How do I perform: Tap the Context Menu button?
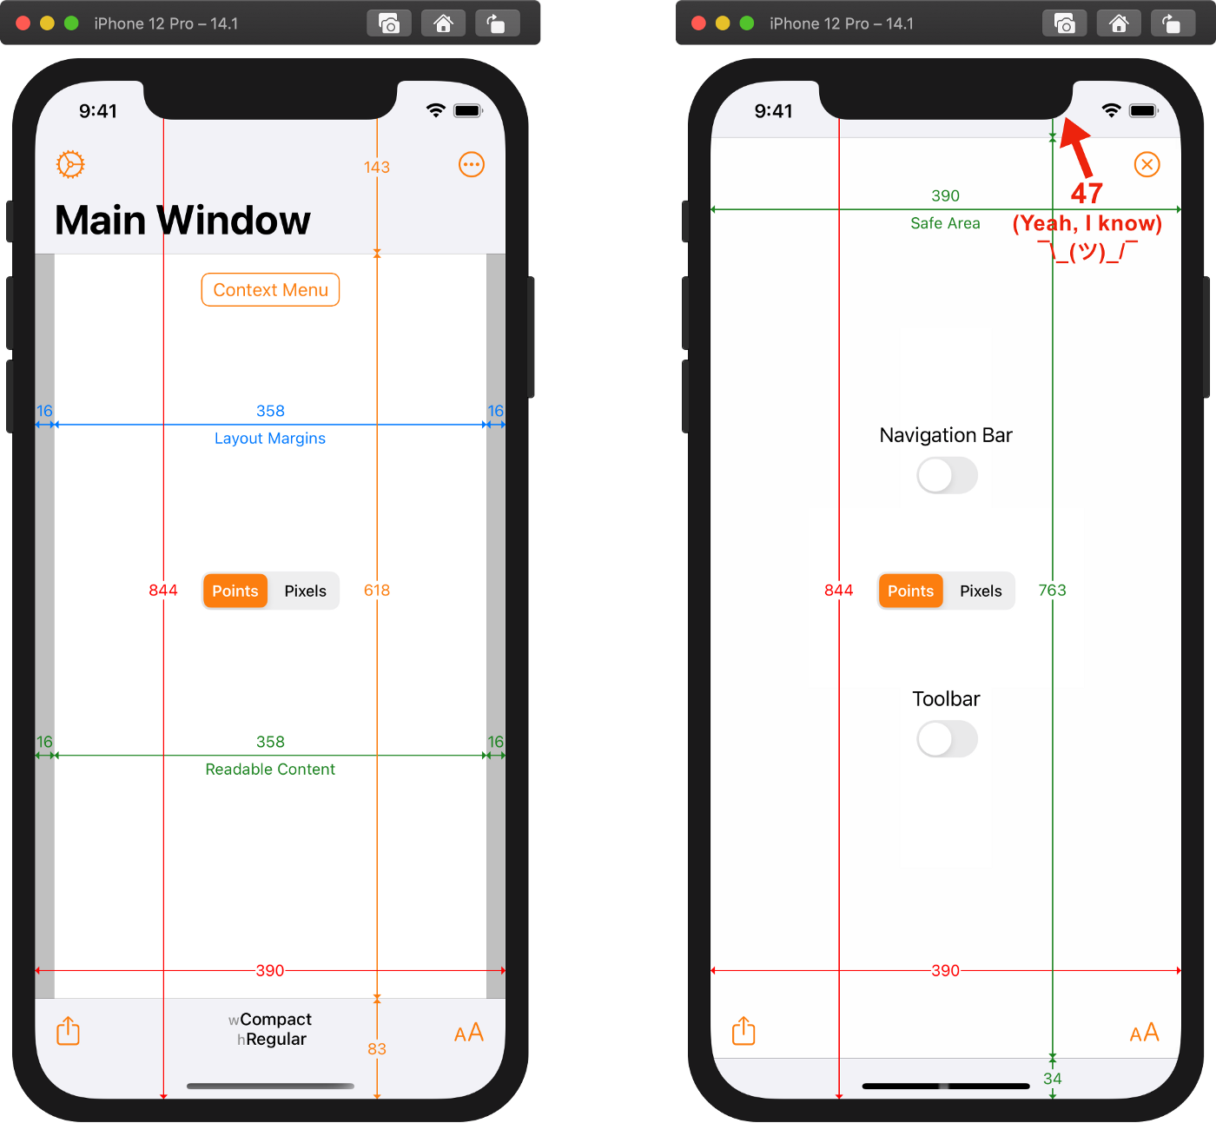270,289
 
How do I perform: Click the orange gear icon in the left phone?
70,164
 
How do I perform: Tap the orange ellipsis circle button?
472,164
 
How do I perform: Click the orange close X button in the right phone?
1147,164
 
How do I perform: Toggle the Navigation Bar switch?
947,475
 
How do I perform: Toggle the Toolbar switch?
947,739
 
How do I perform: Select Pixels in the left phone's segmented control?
305,591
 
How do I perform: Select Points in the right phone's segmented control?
910,591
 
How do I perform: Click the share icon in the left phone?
68,1031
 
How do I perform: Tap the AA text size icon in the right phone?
1145,1033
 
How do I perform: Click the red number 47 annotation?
1087,194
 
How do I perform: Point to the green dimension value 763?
1052,591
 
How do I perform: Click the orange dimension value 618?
377,591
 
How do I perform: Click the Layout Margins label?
270,439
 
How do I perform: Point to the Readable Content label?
270,770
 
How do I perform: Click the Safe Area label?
945,223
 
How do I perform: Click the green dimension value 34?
1052,1079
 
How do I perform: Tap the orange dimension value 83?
377,1049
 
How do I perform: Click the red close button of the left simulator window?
23,23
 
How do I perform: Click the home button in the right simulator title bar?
1119,23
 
